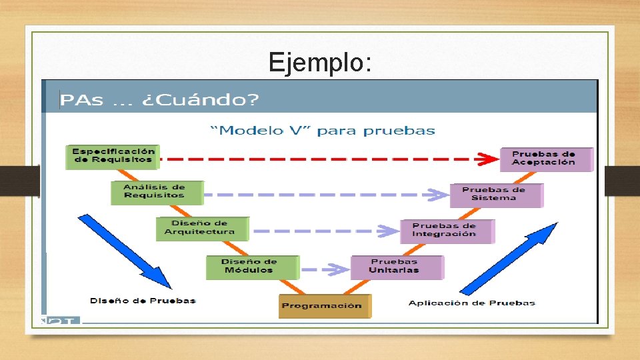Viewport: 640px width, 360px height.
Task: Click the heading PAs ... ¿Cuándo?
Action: pyautogui.click(x=159, y=100)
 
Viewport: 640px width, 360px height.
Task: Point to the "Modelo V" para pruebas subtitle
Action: pyautogui.click(x=323, y=130)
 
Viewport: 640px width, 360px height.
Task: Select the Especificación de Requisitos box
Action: pyautogui.click(x=113, y=156)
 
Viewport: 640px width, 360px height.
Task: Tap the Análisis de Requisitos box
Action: pyautogui.click(x=155, y=192)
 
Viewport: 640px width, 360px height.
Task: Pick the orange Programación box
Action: pyautogui.click(x=323, y=306)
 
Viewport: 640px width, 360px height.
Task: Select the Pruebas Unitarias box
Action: pyautogui.click(x=395, y=267)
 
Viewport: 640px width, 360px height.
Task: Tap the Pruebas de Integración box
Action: pyautogui.click(x=445, y=231)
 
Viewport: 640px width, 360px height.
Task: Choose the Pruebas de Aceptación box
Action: pyautogui.click(x=545, y=159)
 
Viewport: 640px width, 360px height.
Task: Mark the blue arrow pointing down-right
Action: pyautogui.click(x=125, y=250)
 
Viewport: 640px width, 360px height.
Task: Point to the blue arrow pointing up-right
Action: pyautogui.click(x=509, y=259)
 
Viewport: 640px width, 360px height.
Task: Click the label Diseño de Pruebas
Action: pyautogui.click(x=143, y=301)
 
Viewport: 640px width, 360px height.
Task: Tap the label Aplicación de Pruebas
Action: pyautogui.click(x=472, y=303)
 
